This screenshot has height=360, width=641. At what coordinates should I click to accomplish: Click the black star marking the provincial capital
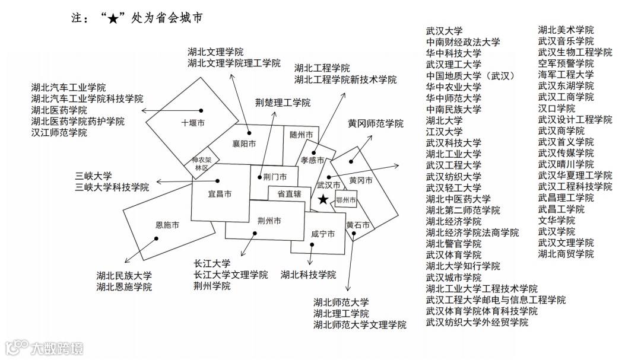pyautogui.click(x=323, y=200)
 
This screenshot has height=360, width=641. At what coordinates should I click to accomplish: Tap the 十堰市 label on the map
pyautogui.click(x=192, y=123)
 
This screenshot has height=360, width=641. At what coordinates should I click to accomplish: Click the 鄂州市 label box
pyautogui.click(x=345, y=200)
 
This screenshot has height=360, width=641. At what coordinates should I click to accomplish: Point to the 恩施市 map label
pyautogui.click(x=167, y=225)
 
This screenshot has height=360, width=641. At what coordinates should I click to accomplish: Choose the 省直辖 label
pyautogui.click(x=289, y=193)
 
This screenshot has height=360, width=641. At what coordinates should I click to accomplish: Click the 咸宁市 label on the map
pyautogui.click(x=323, y=234)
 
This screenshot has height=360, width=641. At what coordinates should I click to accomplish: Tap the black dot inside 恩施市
pyautogui.click(x=157, y=239)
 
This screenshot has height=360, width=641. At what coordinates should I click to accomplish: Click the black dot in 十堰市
pyautogui.click(x=201, y=110)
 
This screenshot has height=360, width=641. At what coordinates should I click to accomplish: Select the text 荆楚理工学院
pyautogui.click(x=283, y=103)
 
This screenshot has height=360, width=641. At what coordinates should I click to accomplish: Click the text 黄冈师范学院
pyautogui.click(x=375, y=123)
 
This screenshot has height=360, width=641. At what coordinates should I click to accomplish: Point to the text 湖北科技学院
pyautogui.click(x=308, y=275)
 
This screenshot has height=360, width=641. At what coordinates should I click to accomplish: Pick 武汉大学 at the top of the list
pyautogui.click(x=444, y=31)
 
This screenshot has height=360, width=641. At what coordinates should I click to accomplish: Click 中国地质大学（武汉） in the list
pyautogui.click(x=470, y=76)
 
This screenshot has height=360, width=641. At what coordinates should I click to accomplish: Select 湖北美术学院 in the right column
pyautogui.click(x=566, y=30)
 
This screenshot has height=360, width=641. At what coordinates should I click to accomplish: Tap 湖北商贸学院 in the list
pyautogui.click(x=566, y=254)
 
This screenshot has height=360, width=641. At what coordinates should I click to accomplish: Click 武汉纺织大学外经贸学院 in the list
pyautogui.click(x=477, y=322)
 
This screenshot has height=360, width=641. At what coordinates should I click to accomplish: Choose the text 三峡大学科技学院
pyautogui.click(x=112, y=187)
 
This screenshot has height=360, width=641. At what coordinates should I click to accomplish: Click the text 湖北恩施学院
pyautogui.click(x=124, y=287)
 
